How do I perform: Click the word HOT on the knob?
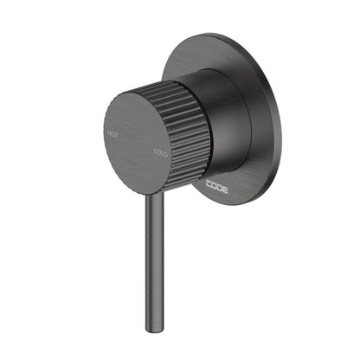[x=112, y=133]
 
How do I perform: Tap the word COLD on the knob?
[x=161, y=153]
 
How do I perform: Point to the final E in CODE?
[x=225, y=187]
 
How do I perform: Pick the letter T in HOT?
[x=116, y=135]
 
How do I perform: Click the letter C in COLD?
[x=156, y=151]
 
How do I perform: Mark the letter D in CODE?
[x=220, y=185]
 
